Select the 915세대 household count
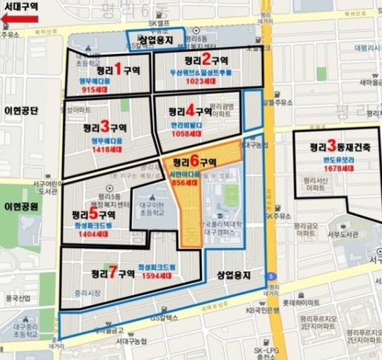click(94, 90)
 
